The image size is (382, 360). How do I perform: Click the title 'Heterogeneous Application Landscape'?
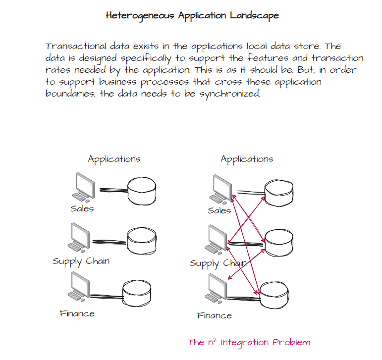[x=192, y=15]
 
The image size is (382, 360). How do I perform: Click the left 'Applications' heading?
[x=114, y=159]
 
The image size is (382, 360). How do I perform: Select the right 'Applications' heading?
[x=247, y=159]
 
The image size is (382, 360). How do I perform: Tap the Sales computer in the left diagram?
[x=83, y=187]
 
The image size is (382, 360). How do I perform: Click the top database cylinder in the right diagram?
[x=279, y=193]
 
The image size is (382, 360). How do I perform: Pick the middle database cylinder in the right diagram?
[x=279, y=243]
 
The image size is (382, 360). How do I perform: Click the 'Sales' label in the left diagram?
[x=82, y=209]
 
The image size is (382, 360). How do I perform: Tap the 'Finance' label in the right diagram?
[x=215, y=315]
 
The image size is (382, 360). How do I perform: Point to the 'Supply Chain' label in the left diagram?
[x=81, y=261]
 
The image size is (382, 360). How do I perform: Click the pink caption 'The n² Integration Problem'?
[x=249, y=342]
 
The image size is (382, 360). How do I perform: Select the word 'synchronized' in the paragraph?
[x=229, y=94]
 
